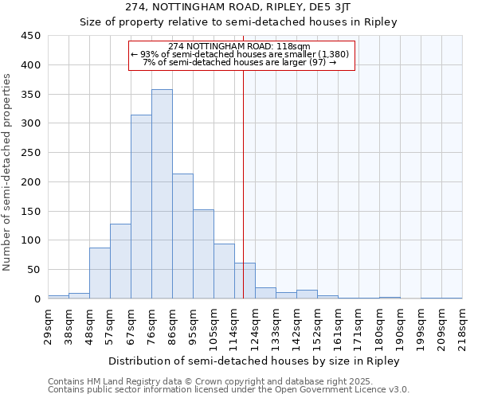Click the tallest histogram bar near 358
[162, 194]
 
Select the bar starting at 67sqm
[141, 207]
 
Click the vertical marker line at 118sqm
[243, 183]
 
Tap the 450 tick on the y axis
[31, 36]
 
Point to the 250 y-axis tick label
[31, 153]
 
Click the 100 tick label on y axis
[31, 240]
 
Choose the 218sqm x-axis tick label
[462, 326]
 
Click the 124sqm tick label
[255, 326]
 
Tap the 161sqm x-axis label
[338, 326]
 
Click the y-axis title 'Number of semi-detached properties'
[8, 171]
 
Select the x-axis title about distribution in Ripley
[254, 361]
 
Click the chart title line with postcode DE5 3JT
[238, 7]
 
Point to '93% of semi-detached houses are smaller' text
[239, 54]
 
